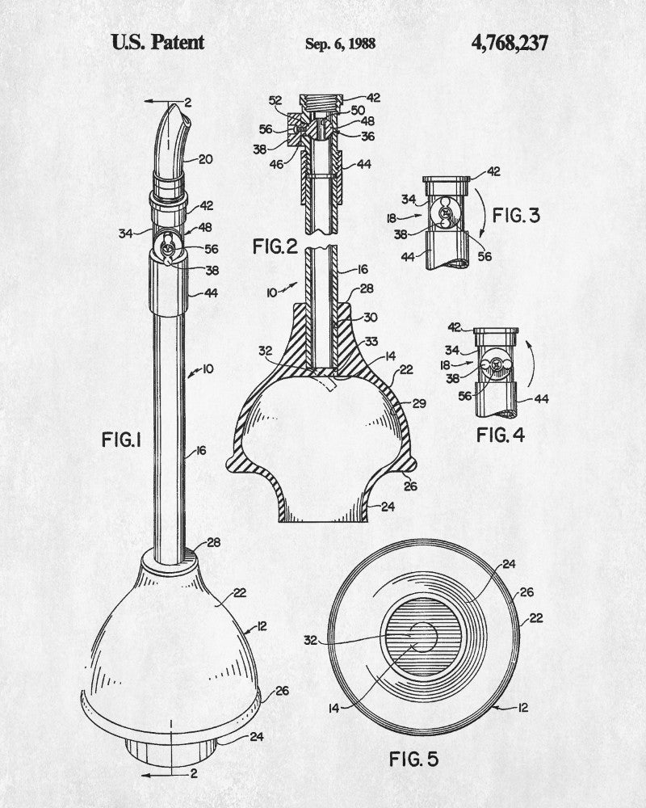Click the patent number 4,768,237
click(x=510, y=42)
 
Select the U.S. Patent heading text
click(x=157, y=42)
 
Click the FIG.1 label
click(x=122, y=440)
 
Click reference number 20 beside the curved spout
click(x=206, y=159)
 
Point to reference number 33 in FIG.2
click(x=372, y=342)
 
